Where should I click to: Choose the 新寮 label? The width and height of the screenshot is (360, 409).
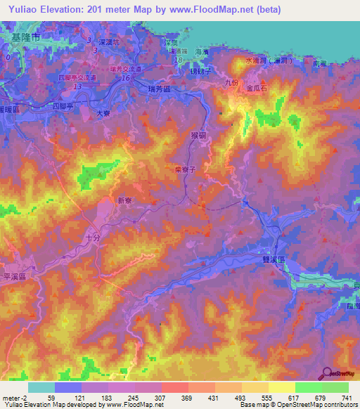coord(124,200)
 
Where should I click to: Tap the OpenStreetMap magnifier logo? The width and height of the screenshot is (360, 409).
coord(328,374)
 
